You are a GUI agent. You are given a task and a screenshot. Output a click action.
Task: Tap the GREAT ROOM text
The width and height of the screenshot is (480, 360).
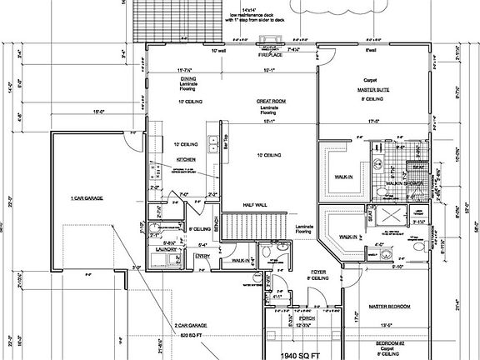(268, 100)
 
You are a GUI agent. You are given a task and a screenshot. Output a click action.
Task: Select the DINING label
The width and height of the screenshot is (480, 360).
(187, 79)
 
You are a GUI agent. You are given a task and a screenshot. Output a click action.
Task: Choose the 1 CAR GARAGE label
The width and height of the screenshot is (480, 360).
(86, 198)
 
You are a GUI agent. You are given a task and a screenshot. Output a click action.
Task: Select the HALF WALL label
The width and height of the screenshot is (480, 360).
(254, 204)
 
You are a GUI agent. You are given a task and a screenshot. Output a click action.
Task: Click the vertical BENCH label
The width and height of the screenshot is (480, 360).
(215, 224)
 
